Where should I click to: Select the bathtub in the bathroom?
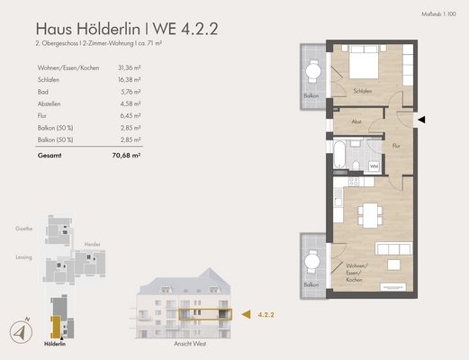tap(341, 153)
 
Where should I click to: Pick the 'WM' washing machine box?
tap(373, 166)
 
